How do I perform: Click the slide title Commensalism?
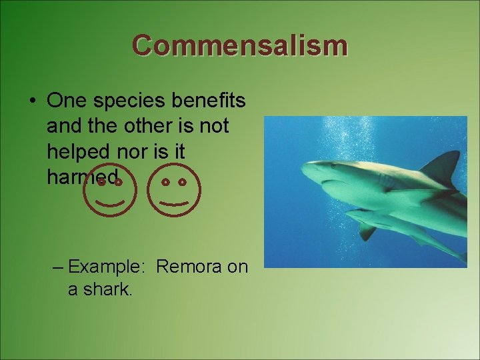pos(239,46)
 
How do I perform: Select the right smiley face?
pos(174,189)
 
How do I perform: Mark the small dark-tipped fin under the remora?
pos(366,232)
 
